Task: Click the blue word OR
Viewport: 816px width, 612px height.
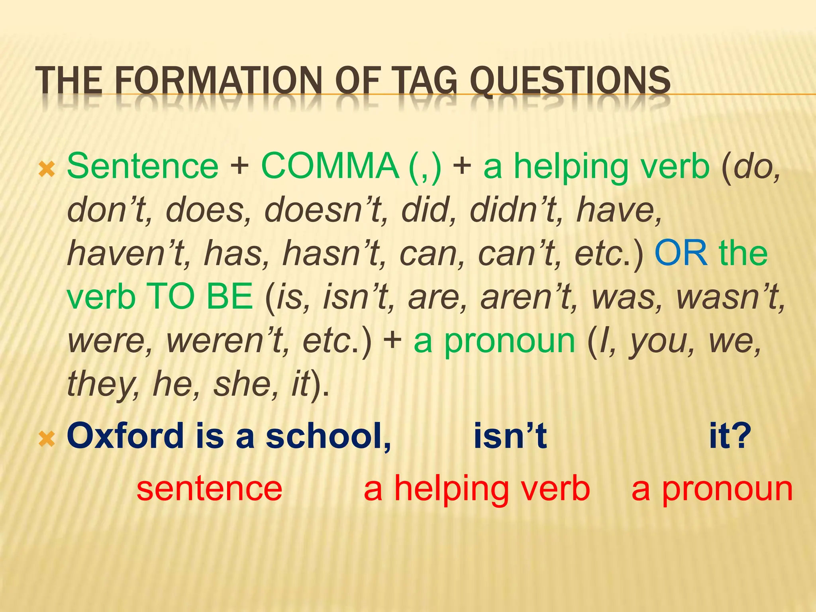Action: click(x=681, y=253)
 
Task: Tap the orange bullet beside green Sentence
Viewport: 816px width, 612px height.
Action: click(x=47, y=170)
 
